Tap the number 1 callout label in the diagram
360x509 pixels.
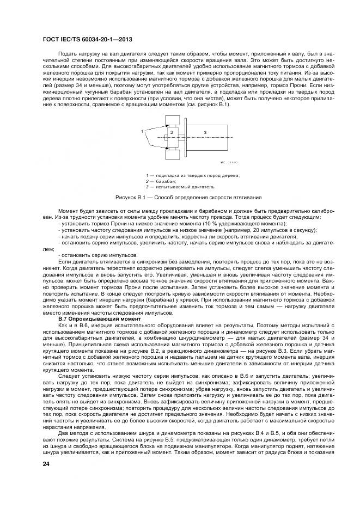(143, 131)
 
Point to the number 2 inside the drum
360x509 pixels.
(171, 132)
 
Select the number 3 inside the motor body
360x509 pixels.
(205, 132)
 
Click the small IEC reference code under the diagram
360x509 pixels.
(229, 163)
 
